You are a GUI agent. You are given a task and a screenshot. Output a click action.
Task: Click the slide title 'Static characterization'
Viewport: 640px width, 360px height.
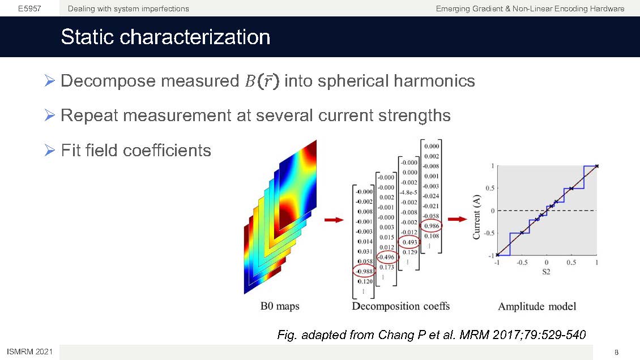coord(165,37)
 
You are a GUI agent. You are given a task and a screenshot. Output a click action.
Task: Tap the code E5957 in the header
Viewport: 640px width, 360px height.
coord(29,8)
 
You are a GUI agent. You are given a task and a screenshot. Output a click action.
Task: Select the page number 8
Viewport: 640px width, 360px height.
coord(616,352)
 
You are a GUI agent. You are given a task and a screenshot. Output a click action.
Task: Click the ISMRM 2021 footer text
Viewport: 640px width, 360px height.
coord(30,352)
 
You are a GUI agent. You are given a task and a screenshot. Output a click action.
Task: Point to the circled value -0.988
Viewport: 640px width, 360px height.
coord(364,271)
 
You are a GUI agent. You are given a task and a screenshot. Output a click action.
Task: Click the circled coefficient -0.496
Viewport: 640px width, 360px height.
coord(387,257)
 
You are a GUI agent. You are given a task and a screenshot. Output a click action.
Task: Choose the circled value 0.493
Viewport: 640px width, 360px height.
coord(409,242)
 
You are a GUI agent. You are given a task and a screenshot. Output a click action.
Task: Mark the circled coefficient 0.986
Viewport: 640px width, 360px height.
coord(432,226)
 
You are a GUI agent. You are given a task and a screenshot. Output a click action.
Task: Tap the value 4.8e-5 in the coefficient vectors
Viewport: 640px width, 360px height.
coord(408,192)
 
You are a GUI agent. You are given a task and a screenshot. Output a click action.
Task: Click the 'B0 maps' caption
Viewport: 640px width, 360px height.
coord(280,306)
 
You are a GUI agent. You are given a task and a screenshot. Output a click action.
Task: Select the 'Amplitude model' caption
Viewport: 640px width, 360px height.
coord(537,306)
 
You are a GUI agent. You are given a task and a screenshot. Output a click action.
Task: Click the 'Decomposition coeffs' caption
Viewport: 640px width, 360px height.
coord(401,306)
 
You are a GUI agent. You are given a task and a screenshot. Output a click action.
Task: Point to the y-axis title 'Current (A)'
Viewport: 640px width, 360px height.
coord(476,217)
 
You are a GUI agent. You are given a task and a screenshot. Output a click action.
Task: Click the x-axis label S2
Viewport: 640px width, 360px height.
coord(546,272)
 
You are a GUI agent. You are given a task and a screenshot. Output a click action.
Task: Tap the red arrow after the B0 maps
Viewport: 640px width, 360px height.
coord(334,220)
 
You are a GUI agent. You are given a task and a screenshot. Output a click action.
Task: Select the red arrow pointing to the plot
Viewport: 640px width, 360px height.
coord(457,220)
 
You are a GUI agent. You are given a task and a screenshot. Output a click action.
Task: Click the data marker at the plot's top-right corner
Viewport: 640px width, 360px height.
coord(597,166)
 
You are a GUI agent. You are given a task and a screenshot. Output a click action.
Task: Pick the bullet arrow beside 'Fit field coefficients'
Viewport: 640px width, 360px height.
coord(50,151)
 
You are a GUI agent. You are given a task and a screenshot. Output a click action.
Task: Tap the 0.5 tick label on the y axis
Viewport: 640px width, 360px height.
coord(490,188)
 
